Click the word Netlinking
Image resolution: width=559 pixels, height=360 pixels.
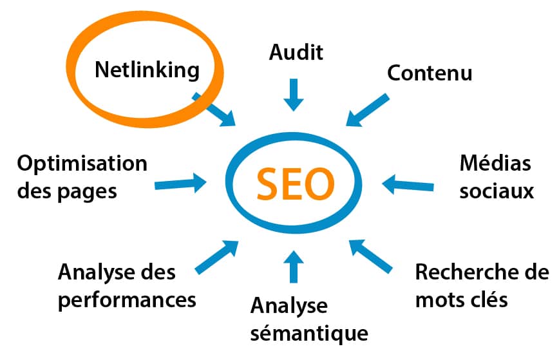(x=147, y=70)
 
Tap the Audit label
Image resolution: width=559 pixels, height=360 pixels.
(x=296, y=52)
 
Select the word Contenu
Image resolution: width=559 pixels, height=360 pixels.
(x=430, y=73)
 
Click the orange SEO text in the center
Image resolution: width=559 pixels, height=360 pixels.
(x=296, y=184)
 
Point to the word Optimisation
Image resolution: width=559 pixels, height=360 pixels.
(x=82, y=165)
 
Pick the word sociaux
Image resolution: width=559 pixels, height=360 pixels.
(x=497, y=191)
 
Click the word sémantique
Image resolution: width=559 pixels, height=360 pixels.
(x=309, y=334)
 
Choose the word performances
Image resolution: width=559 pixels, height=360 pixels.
(x=127, y=301)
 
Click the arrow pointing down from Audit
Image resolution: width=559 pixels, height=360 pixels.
(x=294, y=95)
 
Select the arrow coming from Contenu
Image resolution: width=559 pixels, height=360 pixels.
(x=367, y=110)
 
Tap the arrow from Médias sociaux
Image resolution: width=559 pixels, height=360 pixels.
(x=408, y=185)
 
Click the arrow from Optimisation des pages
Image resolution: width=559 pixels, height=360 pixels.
(x=180, y=183)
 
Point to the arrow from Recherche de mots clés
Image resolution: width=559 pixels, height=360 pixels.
(x=371, y=256)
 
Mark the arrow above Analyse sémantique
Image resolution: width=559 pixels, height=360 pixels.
(x=294, y=267)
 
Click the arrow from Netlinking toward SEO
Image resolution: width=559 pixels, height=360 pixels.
(x=214, y=109)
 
